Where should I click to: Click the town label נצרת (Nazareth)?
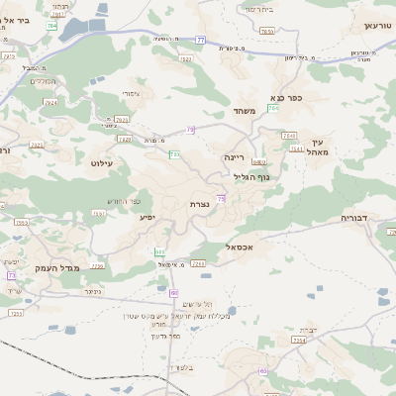199,205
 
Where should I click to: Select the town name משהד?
244,111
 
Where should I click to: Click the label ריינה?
234,157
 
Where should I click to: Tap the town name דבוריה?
354,216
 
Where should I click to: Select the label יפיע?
147,216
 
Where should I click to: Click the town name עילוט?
102,162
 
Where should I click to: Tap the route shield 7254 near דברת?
298,340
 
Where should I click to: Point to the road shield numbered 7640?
289,135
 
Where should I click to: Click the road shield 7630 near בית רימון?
265,32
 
